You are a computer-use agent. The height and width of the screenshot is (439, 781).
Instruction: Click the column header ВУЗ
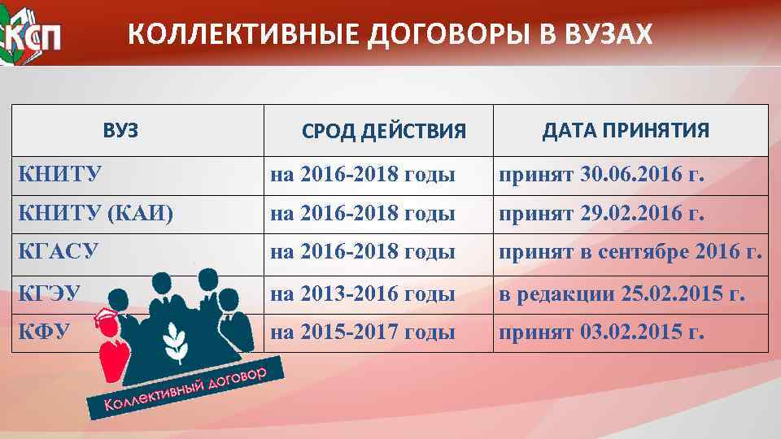pyautogui.click(x=120, y=129)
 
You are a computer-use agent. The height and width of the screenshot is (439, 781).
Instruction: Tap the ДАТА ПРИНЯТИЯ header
pyautogui.click(x=626, y=130)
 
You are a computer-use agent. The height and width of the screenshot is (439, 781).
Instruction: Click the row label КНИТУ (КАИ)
pyautogui.click(x=95, y=214)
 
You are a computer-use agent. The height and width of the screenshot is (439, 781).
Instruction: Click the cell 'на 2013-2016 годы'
pyautogui.click(x=362, y=293)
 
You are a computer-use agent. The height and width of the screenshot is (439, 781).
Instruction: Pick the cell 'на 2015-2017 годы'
pyautogui.click(x=362, y=332)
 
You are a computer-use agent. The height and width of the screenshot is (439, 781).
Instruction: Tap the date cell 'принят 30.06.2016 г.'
pyautogui.click(x=601, y=175)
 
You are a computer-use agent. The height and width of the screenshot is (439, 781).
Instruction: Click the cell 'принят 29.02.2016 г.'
pyautogui.click(x=601, y=214)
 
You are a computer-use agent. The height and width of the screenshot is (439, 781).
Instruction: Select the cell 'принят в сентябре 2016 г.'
pyautogui.click(x=630, y=253)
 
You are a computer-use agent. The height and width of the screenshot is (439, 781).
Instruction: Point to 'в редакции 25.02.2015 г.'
pyautogui.click(x=622, y=293)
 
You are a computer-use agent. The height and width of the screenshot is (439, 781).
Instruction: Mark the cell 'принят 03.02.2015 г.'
pyautogui.click(x=601, y=332)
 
